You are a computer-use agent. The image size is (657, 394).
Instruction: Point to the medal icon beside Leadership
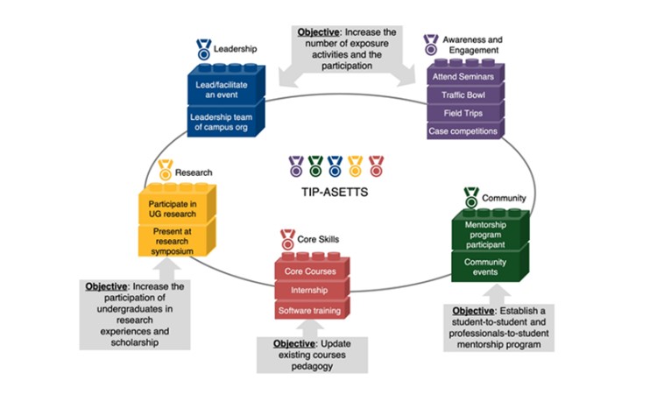[203, 48]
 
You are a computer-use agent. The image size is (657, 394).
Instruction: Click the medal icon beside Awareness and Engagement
[430, 43]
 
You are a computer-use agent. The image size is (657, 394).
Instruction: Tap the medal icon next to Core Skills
[287, 238]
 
